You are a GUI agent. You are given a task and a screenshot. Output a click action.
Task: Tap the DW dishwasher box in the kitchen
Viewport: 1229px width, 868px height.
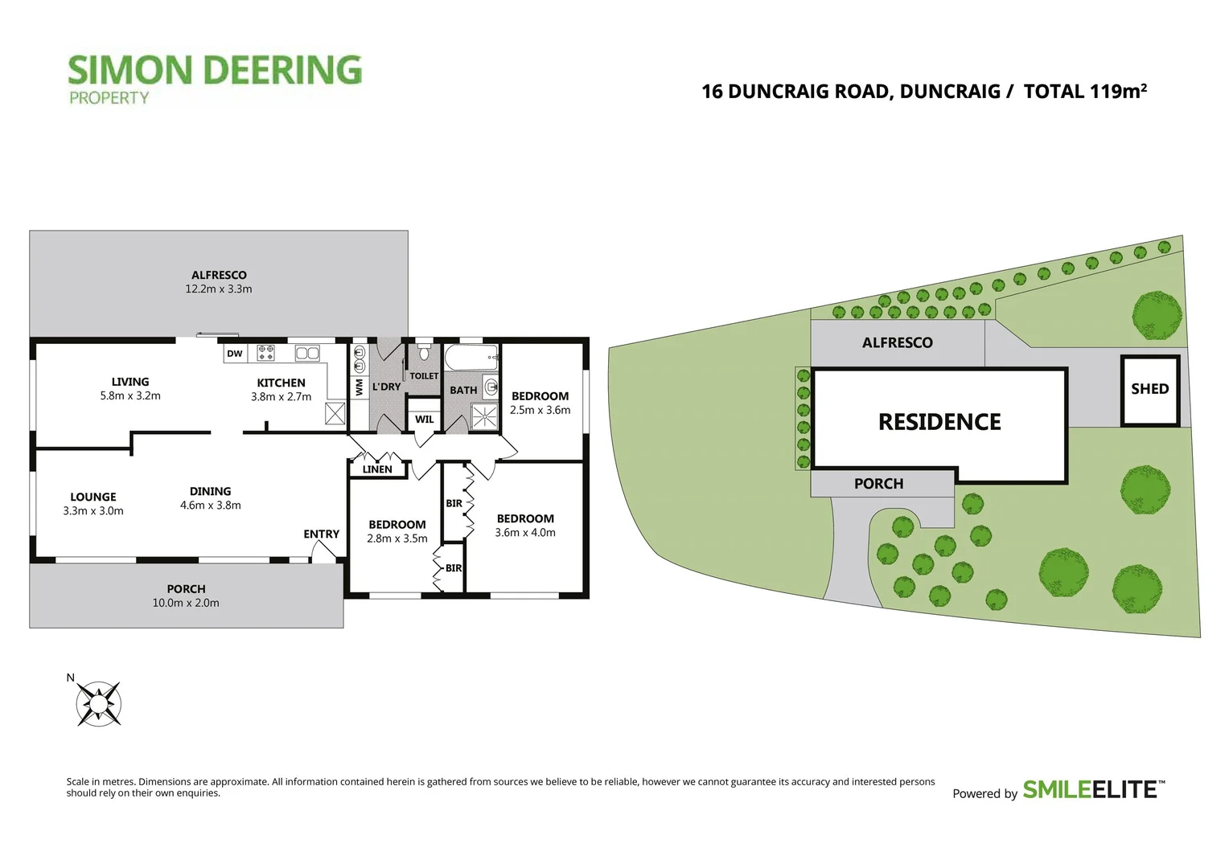pyautogui.click(x=235, y=354)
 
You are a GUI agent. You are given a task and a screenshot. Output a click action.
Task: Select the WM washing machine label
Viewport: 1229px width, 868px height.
pyautogui.click(x=360, y=387)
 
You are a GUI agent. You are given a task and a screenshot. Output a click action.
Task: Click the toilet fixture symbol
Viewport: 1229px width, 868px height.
pyautogui.click(x=424, y=350)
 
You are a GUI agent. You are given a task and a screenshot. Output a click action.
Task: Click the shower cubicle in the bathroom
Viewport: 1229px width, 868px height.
pyautogui.click(x=484, y=416)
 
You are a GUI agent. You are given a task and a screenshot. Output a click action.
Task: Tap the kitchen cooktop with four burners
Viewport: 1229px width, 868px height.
pyautogui.click(x=266, y=353)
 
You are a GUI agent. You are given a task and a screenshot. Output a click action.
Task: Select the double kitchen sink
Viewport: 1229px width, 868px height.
pyautogui.click(x=307, y=353)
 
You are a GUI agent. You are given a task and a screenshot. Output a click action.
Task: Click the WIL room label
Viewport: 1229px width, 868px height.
pyautogui.click(x=424, y=420)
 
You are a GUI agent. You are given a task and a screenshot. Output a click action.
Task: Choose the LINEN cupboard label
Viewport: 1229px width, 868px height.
pyautogui.click(x=377, y=469)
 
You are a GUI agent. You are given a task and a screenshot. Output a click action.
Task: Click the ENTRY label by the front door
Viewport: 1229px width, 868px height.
pyautogui.click(x=322, y=534)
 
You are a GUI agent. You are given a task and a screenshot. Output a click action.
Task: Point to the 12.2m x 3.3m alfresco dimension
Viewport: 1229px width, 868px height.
pyautogui.click(x=218, y=289)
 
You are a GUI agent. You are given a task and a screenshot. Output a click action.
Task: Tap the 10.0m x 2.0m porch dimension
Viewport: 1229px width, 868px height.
pyautogui.click(x=186, y=603)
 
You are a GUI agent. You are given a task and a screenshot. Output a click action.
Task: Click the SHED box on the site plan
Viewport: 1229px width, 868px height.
pyautogui.click(x=1150, y=391)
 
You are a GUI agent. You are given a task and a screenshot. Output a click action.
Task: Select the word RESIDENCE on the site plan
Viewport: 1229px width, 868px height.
pyautogui.click(x=940, y=422)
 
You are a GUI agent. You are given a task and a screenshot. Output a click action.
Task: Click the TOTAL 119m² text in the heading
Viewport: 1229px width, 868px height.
pyautogui.click(x=1085, y=91)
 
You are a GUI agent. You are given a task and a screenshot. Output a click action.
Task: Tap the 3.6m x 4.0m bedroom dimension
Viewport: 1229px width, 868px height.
pyautogui.click(x=525, y=532)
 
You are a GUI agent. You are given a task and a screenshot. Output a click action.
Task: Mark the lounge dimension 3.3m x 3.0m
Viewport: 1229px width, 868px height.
pyautogui.click(x=93, y=511)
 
